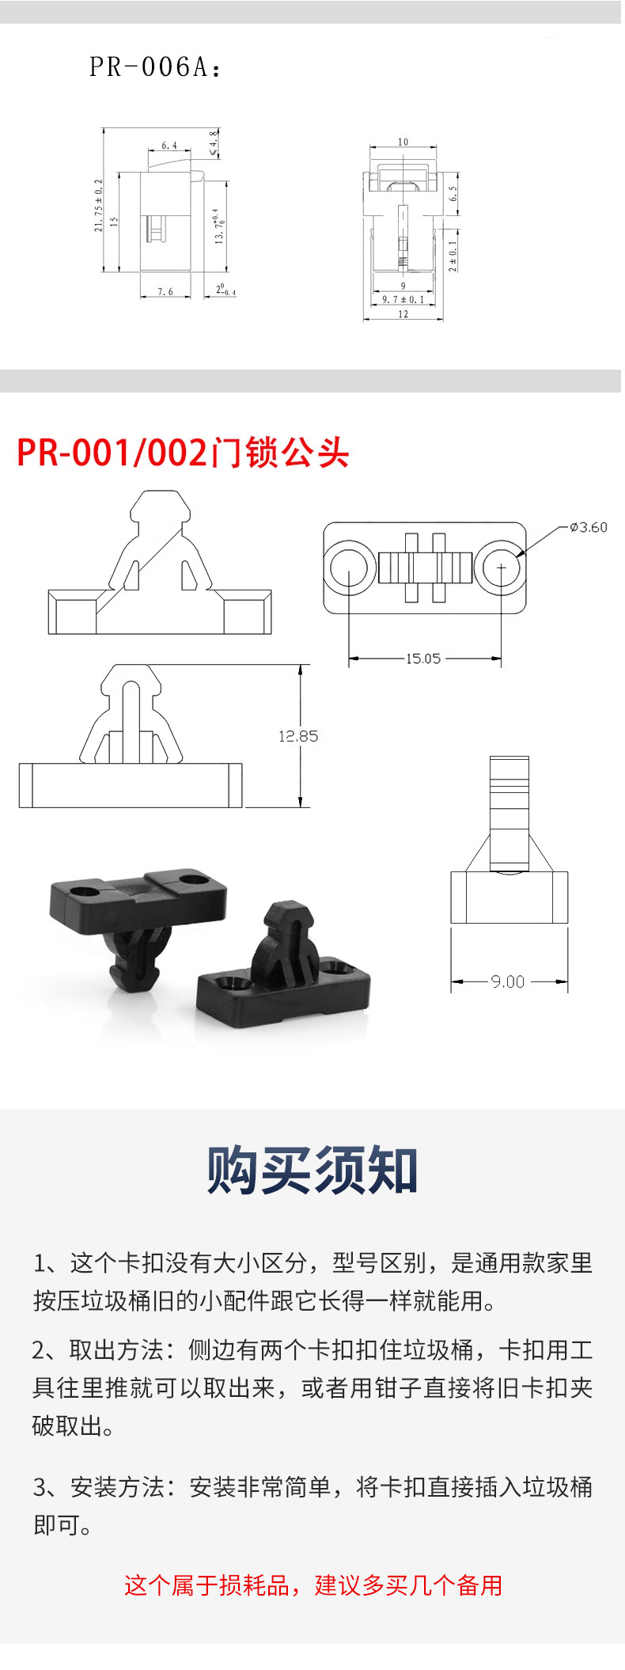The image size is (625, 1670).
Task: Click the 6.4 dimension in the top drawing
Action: click(x=169, y=146)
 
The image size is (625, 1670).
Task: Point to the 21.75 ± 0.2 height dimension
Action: click(x=99, y=205)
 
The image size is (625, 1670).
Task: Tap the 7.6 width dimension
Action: click(x=165, y=292)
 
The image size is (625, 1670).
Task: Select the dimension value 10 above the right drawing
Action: click(x=403, y=142)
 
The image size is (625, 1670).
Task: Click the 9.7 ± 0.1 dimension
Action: click(x=403, y=300)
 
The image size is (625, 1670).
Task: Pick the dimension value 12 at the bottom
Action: click(x=403, y=314)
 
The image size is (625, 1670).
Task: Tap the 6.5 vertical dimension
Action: click(x=453, y=193)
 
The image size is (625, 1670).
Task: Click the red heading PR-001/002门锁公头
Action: click(x=183, y=453)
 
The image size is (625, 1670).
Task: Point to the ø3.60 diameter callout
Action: click(x=589, y=527)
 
